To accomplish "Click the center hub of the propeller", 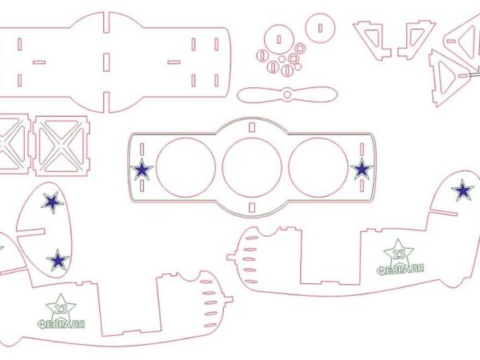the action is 287,94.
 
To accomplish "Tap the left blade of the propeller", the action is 260,95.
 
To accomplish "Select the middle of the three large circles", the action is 252,167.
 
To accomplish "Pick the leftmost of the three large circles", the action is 186,167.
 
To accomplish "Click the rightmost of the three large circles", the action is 318,167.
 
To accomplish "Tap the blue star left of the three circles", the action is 142,170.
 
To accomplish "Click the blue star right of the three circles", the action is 362,169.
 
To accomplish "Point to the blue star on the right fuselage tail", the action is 463,190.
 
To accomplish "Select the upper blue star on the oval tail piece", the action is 52,202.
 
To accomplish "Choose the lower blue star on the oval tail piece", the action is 58,260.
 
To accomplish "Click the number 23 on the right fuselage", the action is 399,254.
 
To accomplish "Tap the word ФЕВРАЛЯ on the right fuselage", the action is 401,269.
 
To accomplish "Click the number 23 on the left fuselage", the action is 61,309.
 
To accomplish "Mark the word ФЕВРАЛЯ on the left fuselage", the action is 62,324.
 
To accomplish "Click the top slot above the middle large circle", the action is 252,127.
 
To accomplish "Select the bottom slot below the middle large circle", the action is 252,207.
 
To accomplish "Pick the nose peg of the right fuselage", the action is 230,257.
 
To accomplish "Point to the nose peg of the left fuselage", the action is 229,299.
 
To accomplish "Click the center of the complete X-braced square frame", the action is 62,146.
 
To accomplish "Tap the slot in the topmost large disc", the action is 320,28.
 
